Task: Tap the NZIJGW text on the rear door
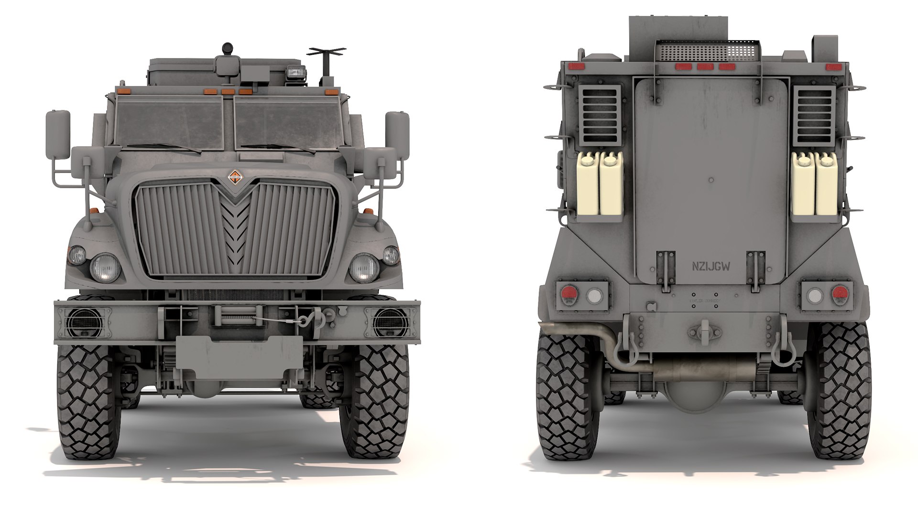[x=711, y=267]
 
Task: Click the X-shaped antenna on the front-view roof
[x=327, y=52]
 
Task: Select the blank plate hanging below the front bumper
[x=239, y=353]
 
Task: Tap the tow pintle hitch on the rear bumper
[x=706, y=332]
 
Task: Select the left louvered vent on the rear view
[x=600, y=115]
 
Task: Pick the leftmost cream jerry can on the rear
[x=587, y=184]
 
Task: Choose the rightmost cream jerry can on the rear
[x=826, y=184]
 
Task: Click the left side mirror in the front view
[x=58, y=134]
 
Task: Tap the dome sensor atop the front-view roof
[x=228, y=48]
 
